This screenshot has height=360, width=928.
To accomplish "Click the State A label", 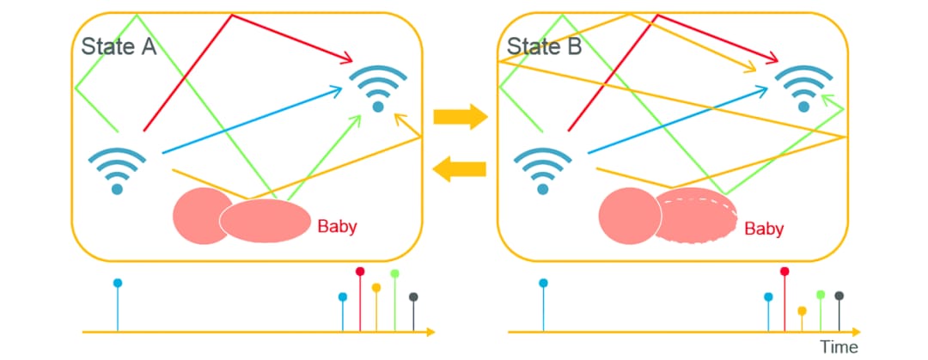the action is pos(119,46).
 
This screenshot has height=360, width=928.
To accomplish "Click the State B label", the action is pos(544,46).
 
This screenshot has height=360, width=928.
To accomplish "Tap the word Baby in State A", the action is pos(338,226).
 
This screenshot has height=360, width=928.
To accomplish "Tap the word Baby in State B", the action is pos(764,229).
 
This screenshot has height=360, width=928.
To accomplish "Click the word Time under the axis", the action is pos(839,347).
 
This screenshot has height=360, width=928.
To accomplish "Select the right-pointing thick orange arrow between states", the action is pos(460,117).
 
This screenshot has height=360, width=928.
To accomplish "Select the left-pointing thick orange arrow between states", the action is pos(459,170).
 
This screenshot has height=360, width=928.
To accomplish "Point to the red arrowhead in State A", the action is pos(347,58).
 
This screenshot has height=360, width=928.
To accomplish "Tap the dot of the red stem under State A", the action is pos(360,272).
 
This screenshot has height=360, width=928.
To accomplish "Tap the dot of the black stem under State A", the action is pos(413,296).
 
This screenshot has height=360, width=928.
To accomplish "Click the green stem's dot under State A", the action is pos(394,273).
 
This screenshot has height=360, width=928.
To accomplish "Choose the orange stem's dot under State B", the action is pos(802,310).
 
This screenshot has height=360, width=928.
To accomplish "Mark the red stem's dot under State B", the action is pos(785,272).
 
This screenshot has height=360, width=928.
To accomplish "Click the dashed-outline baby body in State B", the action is pos(697,216).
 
